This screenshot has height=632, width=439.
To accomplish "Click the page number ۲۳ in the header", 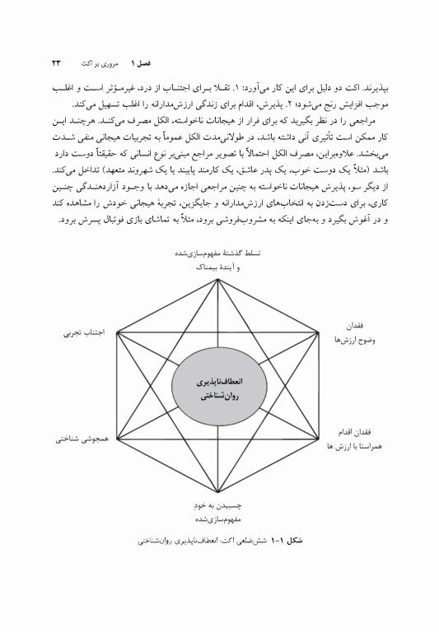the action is coord(57,62).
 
